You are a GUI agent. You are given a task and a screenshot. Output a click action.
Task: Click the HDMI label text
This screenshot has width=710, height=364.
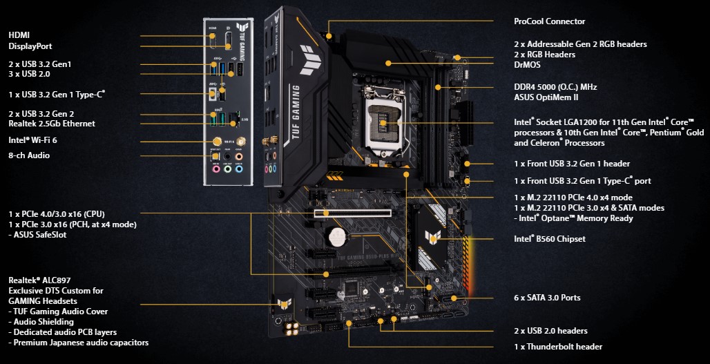[19, 35]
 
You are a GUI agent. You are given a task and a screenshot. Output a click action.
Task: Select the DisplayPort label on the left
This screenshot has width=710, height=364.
[30, 46]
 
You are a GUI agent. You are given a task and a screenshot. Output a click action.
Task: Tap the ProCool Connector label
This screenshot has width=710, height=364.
[549, 21]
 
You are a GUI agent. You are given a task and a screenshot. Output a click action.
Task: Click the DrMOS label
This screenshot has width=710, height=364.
[528, 65]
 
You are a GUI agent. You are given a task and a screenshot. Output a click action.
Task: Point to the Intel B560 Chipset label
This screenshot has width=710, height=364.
[549, 239]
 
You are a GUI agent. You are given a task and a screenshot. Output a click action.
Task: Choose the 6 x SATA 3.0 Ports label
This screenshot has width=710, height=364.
[547, 298]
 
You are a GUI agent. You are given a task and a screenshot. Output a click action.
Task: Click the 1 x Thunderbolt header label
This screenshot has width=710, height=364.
[558, 346]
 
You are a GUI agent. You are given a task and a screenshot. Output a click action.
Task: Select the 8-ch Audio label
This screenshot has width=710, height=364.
[29, 155]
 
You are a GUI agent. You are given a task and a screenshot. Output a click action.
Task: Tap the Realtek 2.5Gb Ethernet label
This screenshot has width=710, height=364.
[52, 124]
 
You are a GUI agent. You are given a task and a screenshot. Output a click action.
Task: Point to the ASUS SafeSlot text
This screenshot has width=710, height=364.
[42, 235]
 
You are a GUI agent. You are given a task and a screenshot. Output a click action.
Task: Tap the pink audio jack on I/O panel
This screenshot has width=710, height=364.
[216, 168]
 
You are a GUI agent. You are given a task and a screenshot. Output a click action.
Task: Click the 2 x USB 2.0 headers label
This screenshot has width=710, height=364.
[550, 331]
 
